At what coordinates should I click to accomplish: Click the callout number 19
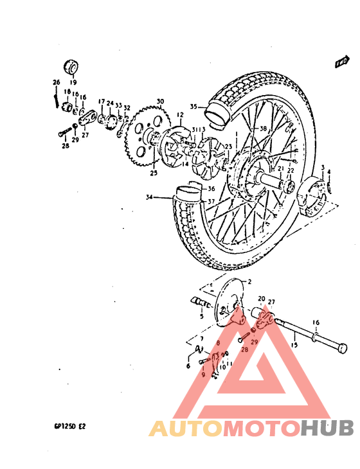[72, 83]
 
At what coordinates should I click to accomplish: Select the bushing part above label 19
[71, 67]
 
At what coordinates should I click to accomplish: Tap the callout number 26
[56, 82]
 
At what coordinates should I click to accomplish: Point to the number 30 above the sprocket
[160, 101]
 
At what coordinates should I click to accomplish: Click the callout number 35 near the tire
[194, 107]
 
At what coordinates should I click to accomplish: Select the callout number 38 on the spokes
[245, 129]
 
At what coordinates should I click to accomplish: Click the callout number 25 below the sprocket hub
[153, 173]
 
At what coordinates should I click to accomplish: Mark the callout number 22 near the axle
[290, 171]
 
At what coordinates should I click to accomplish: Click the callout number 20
[262, 299]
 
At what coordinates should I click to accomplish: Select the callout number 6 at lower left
[188, 366]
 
